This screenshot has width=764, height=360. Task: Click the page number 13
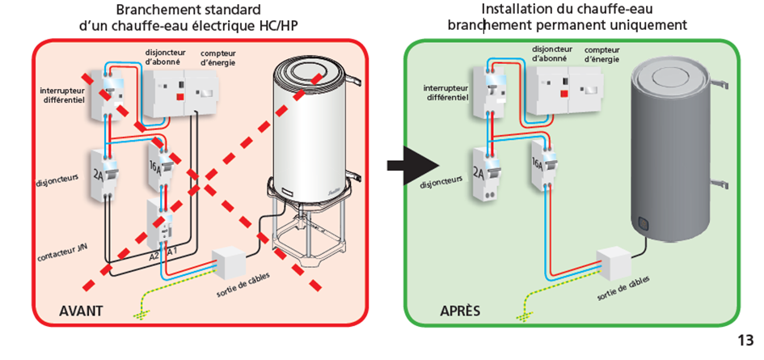745,340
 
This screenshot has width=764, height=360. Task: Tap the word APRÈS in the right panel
460,311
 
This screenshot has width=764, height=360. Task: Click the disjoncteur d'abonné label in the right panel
552,53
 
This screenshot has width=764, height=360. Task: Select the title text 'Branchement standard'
188,11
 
